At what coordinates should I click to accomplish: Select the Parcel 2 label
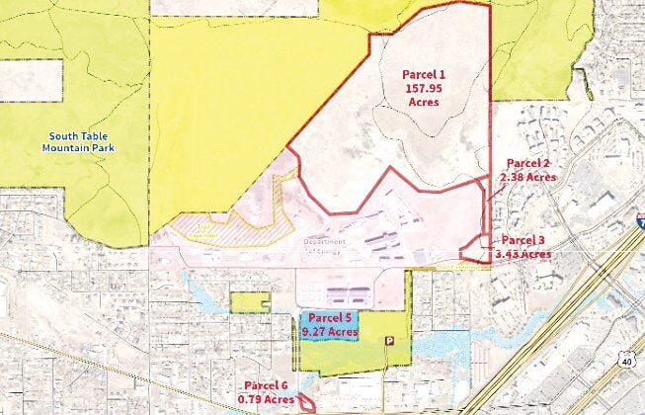point(527,163)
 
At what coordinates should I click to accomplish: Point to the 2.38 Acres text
point(527,177)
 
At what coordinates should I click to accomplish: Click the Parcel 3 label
point(523,240)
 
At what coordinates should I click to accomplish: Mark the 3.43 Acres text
point(523,254)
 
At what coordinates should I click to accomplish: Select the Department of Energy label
point(325,247)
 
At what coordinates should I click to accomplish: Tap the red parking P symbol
point(388,340)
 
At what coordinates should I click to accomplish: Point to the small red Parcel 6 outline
point(306,403)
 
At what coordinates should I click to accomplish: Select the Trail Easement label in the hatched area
point(196,228)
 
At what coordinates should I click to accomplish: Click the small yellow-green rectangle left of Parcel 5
point(250,302)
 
